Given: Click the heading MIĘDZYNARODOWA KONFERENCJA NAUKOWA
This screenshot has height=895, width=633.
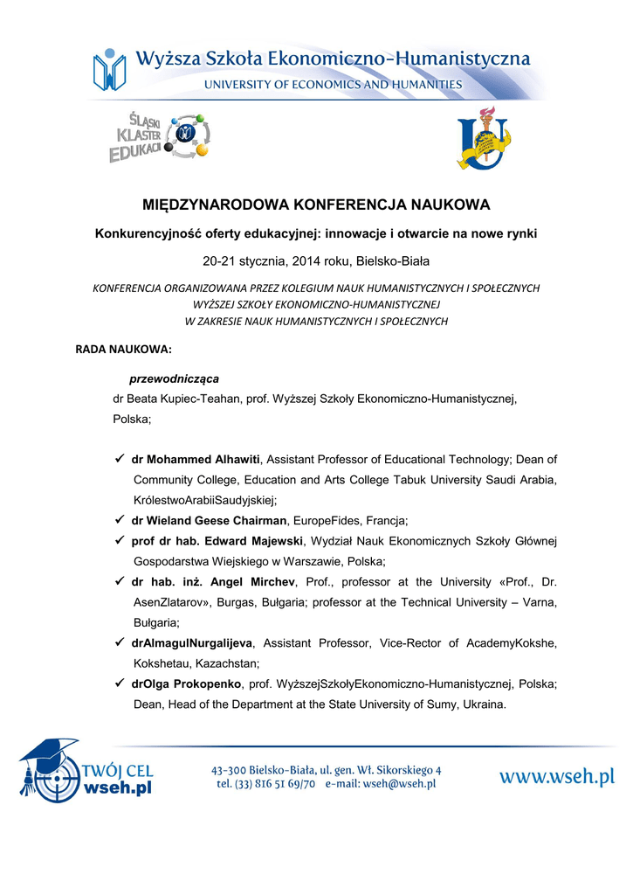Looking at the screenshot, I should tap(316, 205).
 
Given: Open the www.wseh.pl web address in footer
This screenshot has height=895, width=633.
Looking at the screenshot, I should tap(557, 776).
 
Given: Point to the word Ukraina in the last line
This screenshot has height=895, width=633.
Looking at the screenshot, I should tap(480, 704).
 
